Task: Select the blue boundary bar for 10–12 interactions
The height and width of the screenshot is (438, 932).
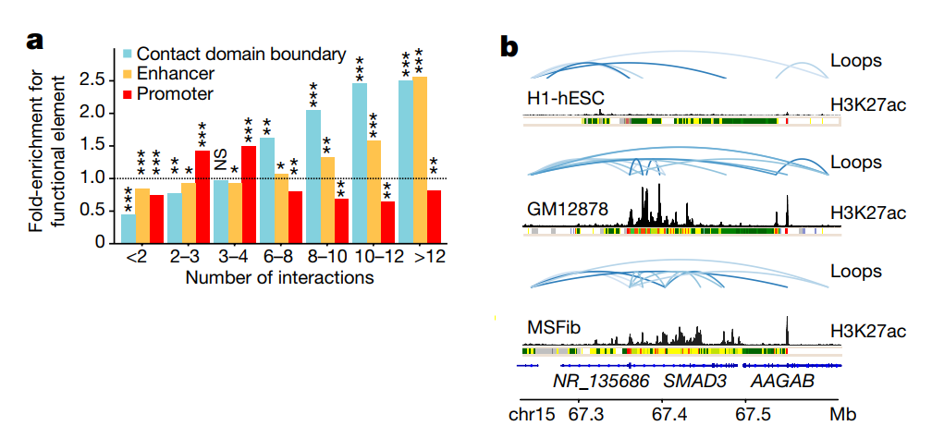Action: (x=360, y=163)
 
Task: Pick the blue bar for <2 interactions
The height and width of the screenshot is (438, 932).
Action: (x=129, y=228)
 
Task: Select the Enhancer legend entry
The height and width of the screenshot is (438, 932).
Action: (x=176, y=72)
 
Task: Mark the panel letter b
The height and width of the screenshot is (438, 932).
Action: (x=509, y=46)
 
